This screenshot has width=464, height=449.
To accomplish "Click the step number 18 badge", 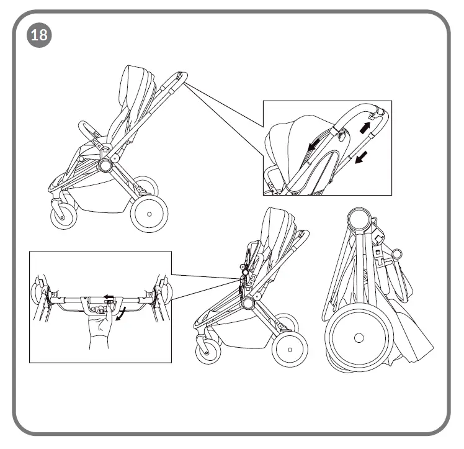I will pyautogui.click(x=38, y=35).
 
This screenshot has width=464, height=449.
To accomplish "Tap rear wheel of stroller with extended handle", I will pyautogui.click(x=149, y=214).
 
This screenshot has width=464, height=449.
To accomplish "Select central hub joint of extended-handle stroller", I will pyautogui.click(x=105, y=165).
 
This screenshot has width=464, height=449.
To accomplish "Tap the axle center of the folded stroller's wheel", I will pyautogui.click(x=358, y=338).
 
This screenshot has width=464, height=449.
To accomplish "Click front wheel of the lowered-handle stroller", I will pyautogui.click(x=208, y=351).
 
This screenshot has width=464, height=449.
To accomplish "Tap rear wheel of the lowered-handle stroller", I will pyautogui.click(x=290, y=348).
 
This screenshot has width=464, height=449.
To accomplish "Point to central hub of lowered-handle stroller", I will pyautogui.click(x=249, y=302).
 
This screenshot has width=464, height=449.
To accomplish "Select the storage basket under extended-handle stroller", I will pyautogui.click(x=105, y=202).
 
